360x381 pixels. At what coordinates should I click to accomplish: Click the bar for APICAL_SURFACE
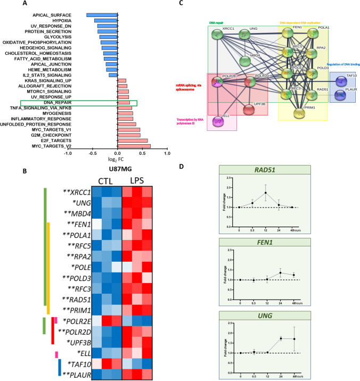click(x=102, y=14)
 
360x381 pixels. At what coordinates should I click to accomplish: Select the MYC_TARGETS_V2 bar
click(x=134, y=146)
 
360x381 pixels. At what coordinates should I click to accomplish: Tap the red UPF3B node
click(x=249, y=110)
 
